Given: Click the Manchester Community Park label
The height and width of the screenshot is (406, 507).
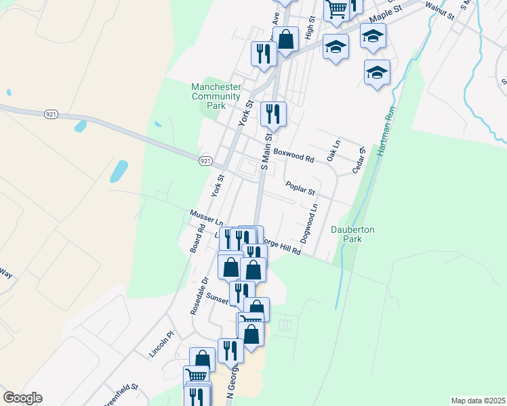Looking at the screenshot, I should point(216,96).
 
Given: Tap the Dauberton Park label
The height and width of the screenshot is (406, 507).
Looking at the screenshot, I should point(352,234).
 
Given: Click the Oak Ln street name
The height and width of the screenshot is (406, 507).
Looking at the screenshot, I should point(333,151).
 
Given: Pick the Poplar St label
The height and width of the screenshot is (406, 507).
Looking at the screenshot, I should point(300,186).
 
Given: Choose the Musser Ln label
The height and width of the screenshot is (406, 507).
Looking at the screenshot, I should point(207,217).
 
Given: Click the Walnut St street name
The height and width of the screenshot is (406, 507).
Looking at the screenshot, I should point(439,10).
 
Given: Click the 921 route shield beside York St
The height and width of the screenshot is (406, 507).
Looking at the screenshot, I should point(206,160).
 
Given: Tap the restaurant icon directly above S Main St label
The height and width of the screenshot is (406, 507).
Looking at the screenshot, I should point(273,113).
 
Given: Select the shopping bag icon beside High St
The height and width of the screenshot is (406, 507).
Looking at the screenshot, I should point(286,39).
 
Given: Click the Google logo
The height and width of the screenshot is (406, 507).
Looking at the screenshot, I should point(22,398).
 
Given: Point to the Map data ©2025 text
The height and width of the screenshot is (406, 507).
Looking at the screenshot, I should point(476,401).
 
